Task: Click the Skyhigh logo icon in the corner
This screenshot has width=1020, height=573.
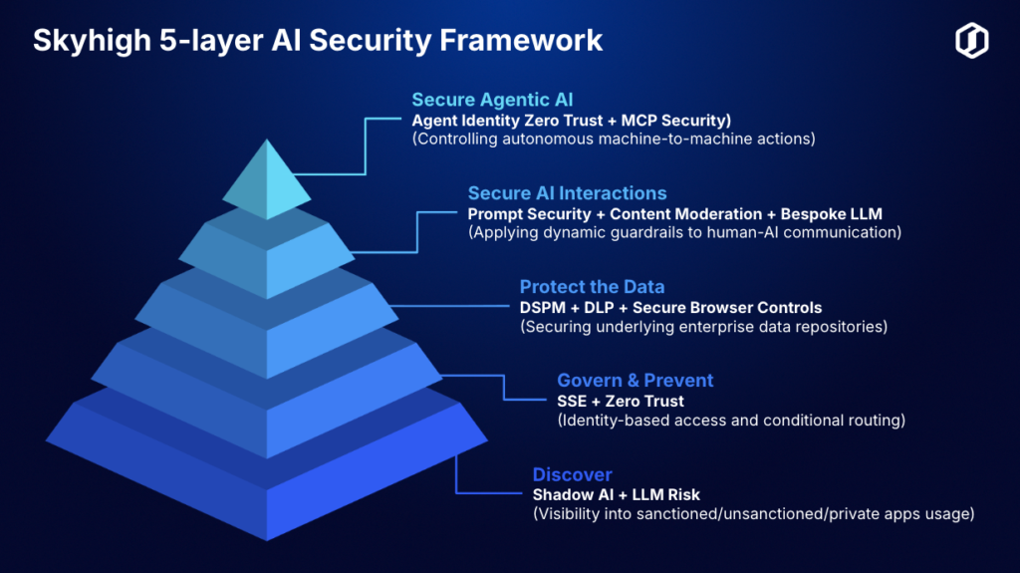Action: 972,41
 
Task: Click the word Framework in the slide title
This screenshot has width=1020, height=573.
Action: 520,40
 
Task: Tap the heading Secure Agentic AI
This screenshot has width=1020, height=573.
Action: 492,100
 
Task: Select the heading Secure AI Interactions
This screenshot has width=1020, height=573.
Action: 567,193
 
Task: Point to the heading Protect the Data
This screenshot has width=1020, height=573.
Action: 592,287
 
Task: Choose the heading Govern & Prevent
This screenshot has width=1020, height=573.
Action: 635,381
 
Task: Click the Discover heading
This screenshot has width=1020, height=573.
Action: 573,474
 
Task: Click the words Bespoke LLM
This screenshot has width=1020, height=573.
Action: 832,214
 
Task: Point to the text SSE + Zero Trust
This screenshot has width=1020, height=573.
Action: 621,401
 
